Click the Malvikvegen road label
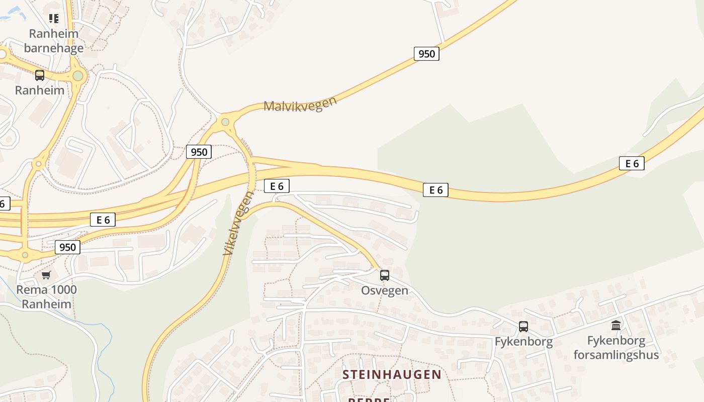tap(300, 104)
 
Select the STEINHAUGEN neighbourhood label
tap(392, 374)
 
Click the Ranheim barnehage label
tap(54, 41)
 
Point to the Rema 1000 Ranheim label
tap(46, 297)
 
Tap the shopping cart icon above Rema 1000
tap(46, 275)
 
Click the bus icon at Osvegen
tap(385, 275)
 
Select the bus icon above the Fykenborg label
tap(523, 327)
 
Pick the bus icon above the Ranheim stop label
tap(39, 75)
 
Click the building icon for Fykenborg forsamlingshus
tap(616, 325)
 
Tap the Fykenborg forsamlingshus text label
tap(616, 348)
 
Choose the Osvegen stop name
tap(385, 291)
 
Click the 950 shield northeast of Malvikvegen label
tap(426, 54)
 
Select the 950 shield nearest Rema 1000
tap(67, 247)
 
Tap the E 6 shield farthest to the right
tap(632, 163)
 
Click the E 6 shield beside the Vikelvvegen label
tap(277, 186)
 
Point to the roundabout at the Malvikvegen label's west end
tap(225, 122)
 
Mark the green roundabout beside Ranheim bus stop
tap(77, 76)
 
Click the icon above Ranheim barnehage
tap(54, 19)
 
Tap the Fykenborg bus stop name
tap(523, 342)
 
